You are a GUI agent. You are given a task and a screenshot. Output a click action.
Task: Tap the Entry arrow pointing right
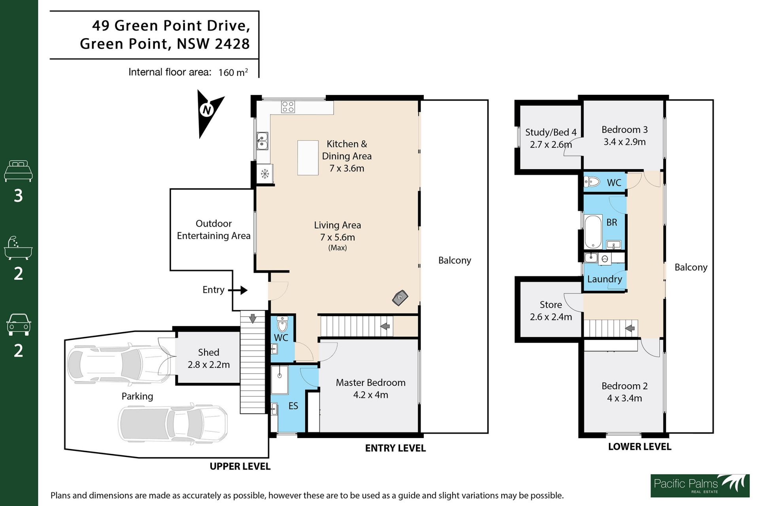click(238, 290)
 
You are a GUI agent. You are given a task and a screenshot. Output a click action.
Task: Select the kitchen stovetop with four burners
click(288, 107)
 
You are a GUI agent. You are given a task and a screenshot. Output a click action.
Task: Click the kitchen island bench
click(308, 158)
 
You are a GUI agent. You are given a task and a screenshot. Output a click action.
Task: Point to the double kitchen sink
click(262, 141)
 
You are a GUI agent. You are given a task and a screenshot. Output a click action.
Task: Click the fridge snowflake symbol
click(265, 174)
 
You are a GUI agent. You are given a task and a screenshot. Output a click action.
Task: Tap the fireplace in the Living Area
click(400, 298)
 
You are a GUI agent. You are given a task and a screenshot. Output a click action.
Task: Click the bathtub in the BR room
click(593, 232)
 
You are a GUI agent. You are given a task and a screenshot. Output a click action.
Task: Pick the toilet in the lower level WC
click(592, 182)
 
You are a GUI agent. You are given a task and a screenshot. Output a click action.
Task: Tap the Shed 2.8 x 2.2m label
click(209, 358)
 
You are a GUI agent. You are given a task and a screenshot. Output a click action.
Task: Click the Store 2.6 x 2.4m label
click(551, 311)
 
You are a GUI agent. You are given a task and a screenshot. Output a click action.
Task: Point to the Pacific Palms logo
click(700, 485)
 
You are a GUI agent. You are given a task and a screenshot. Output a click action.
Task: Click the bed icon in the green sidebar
click(18, 171)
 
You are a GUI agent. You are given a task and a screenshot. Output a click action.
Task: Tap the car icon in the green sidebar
click(19, 325)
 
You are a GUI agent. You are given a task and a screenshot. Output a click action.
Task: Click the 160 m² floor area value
click(233, 72)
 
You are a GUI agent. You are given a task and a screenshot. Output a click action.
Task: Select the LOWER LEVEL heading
click(640, 447)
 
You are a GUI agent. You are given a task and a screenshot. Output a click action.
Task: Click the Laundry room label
click(604, 279)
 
